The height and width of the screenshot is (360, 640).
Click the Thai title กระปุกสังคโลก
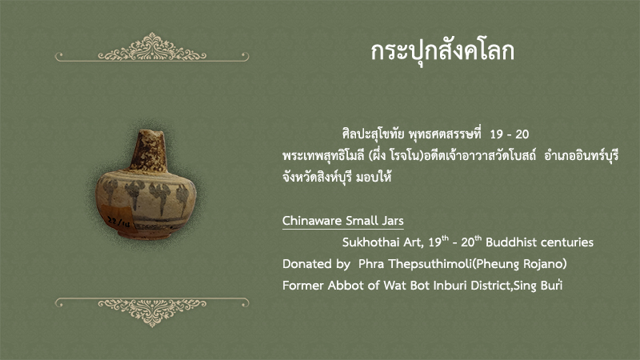tap(442, 52)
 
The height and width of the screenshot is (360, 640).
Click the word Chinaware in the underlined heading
tap(312, 221)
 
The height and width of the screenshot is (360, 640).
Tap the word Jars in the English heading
tap(393, 221)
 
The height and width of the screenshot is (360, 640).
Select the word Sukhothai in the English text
tap(371, 242)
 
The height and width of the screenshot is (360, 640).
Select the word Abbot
tap(346, 286)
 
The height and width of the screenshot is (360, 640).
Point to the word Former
tap(303, 286)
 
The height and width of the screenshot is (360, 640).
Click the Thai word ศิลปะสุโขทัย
tap(374, 134)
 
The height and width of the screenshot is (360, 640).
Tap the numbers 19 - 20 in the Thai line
tap(510, 134)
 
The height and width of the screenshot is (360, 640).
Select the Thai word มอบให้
tap(374, 177)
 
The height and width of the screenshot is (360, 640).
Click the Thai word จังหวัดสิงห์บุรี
tap(317, 177)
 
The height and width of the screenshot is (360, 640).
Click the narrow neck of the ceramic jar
tap(148, 150)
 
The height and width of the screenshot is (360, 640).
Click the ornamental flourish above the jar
tap(152, 48)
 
